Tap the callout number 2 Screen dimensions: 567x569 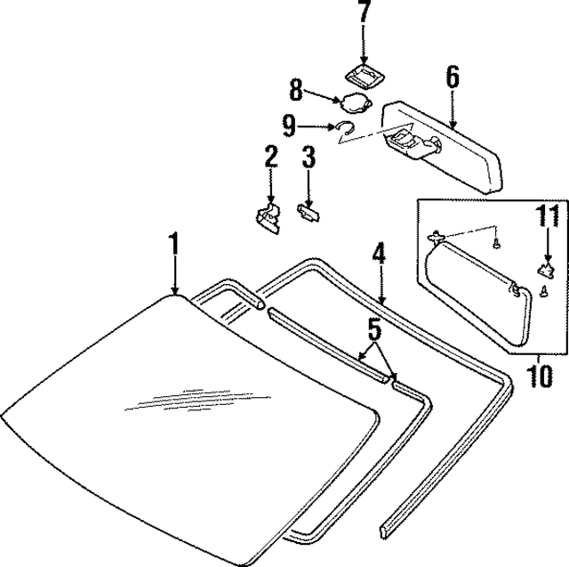point(270,160)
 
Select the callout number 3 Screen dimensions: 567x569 point(309,160)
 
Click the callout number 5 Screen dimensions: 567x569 point(374,330)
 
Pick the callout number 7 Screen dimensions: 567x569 point(363,13)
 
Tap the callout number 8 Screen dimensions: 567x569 point(297,90)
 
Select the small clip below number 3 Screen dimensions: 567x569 point(308,211)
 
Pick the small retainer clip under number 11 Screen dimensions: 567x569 point(544,267)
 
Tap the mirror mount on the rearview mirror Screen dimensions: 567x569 point(407,141)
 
